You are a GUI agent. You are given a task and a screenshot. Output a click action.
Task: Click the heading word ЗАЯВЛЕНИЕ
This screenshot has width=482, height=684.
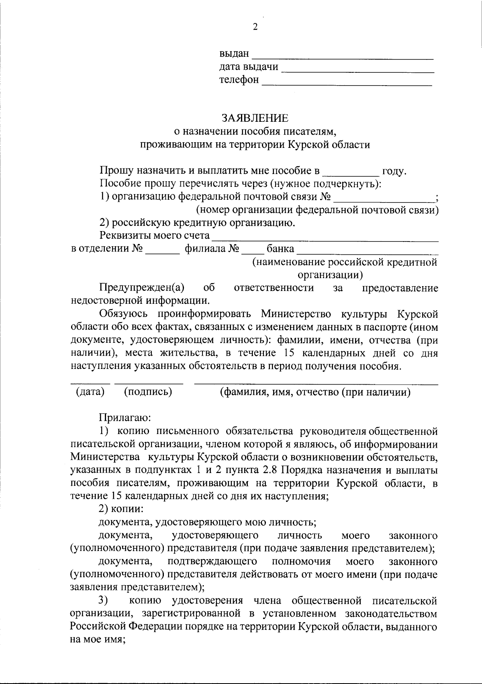255,118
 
